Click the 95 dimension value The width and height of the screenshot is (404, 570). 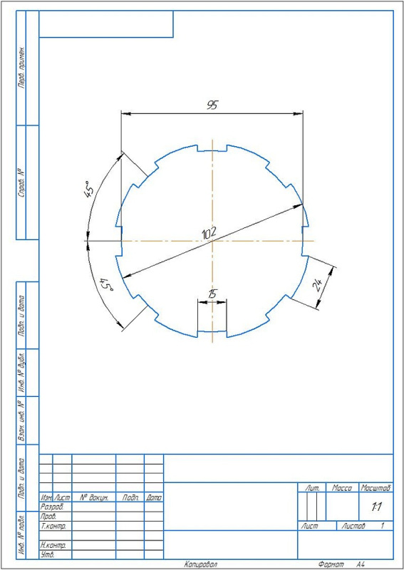(x=212, y=105)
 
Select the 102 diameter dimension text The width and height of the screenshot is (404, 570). (x=209, y=234)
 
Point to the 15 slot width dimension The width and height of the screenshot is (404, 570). (x=212, y=294)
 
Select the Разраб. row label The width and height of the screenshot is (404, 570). (x=53, y=507)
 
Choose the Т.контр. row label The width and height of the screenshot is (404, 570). (x=55, y=526)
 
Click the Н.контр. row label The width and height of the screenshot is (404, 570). (x=55, y=544)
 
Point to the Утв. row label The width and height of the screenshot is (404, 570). (x=49, y=554)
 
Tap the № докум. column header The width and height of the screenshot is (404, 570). (x=93, y=497)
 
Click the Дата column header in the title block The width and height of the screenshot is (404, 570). (x=154, y=497)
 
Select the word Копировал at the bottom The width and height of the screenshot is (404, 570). (x=200, y=564)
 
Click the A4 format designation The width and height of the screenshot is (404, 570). (x=361, y=564)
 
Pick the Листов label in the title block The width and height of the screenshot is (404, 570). (x=353, y=526)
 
